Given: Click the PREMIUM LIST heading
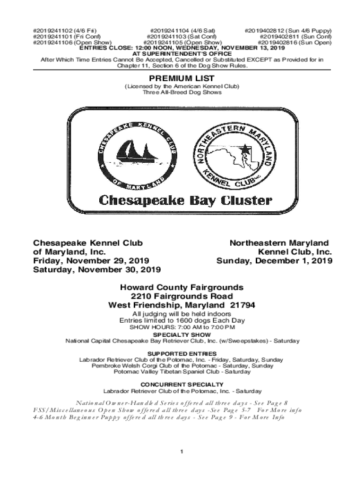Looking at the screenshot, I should coord(182,78).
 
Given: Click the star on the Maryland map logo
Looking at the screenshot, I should coord(244,149).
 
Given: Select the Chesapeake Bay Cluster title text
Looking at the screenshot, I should coord(185,200).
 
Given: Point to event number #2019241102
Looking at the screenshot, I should coord(52,31).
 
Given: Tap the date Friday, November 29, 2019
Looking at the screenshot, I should coord(91,261).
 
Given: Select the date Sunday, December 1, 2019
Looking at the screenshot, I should coord(274,261).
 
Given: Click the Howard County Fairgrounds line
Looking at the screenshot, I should coord(182,287).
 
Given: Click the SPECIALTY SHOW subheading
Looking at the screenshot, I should coord(182,335).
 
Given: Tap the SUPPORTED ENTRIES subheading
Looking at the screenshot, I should coord(182,354).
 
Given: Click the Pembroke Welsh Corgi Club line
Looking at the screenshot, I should coord(182,366).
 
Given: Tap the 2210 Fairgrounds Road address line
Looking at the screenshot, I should coord(182,296).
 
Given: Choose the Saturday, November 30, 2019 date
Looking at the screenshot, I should coord(96,270).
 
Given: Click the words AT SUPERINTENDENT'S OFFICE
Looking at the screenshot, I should coord(182,54).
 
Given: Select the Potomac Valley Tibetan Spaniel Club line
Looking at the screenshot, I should coord(182,372).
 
